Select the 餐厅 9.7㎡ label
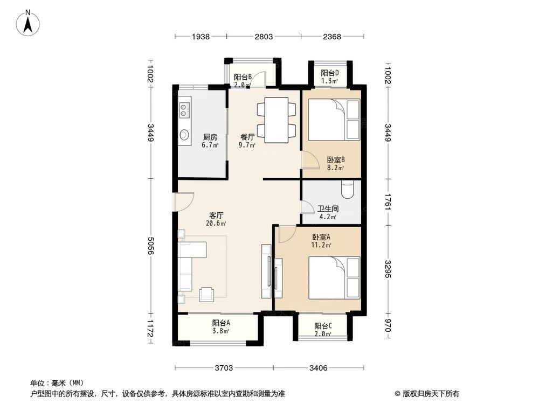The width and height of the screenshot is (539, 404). click(247, 141)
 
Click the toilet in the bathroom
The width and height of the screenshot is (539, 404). click(348, 190)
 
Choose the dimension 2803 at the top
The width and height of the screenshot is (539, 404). click(264, 37)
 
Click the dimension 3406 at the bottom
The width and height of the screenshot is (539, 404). click(319, 368)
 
